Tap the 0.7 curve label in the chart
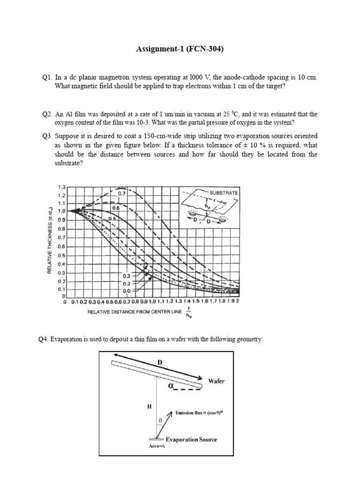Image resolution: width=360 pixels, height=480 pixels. coord(121,193)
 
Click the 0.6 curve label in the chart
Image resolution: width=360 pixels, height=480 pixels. coord(115,207)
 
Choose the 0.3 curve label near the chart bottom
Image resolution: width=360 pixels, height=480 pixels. coord(127,276)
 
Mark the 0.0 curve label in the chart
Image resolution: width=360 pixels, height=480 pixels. coord(127,291)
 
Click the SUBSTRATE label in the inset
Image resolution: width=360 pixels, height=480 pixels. coord(224,192)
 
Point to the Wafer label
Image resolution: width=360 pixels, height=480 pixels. coord(216,381)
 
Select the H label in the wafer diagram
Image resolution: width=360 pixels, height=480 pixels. coord(150,407)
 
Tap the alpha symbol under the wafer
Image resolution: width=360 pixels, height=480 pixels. coord(172,385)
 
